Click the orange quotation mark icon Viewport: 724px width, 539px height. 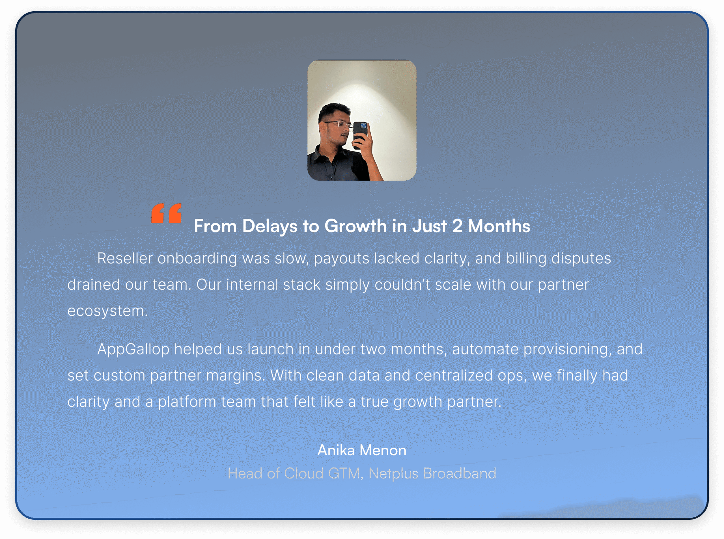[166, 213]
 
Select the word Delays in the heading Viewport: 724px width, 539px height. [270, 226]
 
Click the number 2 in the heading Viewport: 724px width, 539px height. [457, 226]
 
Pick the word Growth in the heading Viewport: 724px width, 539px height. [355, 226]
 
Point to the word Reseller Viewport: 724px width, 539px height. [125, 258]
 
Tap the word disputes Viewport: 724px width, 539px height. [581, 258]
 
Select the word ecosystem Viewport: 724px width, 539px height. [107, 311]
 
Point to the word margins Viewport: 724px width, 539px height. [236, 376]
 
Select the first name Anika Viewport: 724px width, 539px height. [336, 450]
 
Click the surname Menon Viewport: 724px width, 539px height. [383, 451]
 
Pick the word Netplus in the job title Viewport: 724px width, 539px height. [393, 474]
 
